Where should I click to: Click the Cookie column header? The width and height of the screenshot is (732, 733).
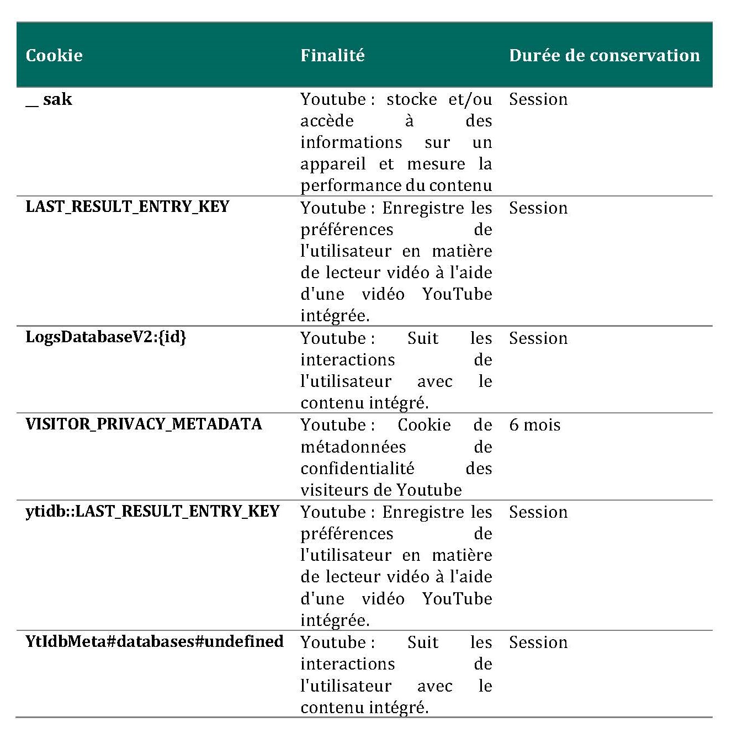coord(54,55)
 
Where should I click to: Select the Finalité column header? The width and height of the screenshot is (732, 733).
coord(332,55)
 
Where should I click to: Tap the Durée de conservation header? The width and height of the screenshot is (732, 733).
coord(604,55)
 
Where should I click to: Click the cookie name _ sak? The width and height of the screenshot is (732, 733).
coord(49,99)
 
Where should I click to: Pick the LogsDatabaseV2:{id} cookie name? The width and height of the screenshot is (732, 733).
coord(106,337)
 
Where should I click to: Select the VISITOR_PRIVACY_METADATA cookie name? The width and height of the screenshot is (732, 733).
coord(144,424)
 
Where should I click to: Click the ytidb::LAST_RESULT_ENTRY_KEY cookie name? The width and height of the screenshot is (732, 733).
coord(152,511)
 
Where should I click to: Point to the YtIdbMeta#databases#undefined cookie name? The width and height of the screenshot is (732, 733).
coord(155,641)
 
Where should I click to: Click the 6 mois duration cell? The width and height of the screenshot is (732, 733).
coord(534,425)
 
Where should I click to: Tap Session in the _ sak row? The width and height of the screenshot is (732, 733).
coord(538,99)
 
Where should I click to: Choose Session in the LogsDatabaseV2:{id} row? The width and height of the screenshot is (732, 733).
coord(538,338)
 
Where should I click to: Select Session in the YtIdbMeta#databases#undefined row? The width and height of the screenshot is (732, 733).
coord(538,642)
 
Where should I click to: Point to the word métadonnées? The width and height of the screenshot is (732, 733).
coord(353,447)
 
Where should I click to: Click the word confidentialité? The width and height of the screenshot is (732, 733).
coord(357,469)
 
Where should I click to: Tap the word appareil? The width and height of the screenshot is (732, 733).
coord(333,164)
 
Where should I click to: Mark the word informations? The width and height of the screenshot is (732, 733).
coord(351,142)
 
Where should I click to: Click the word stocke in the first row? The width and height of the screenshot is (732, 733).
coord(411,99)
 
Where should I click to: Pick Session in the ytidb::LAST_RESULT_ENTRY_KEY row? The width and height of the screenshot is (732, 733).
coord(538,512)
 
